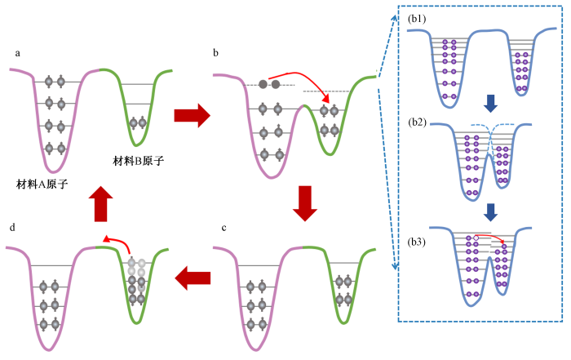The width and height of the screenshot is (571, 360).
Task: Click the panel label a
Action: pyautogui.click(x=18, y=54)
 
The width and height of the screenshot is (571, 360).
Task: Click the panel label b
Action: pyautogui.click(x=215, y=54)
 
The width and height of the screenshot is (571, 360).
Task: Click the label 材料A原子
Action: pyautogui.click(x=42, y=184)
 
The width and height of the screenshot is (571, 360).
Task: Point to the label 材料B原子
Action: pyautogui.click(x=139, y=162)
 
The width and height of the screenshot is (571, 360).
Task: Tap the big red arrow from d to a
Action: pyautogui.click(x=100, y=202)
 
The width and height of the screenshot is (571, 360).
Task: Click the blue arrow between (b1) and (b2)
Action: pyautogui.click(x=489, y=102)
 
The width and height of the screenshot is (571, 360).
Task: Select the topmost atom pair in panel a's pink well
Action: pyautogui.click(x=55, y=81)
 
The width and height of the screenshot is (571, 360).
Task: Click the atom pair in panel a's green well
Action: pyautogui.click(x=137, y=122)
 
